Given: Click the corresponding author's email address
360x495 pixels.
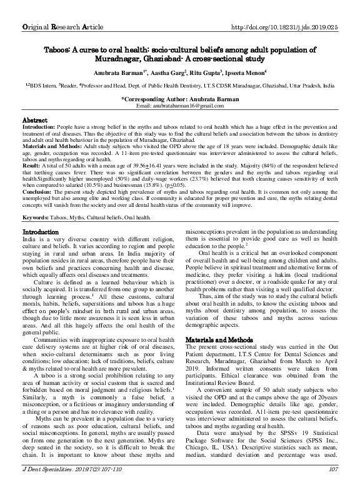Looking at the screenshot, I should (x=179, y=106).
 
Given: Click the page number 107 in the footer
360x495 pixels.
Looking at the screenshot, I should (x=332, y=486).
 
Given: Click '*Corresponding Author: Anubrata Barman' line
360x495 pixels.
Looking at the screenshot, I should (x=179, y=99).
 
